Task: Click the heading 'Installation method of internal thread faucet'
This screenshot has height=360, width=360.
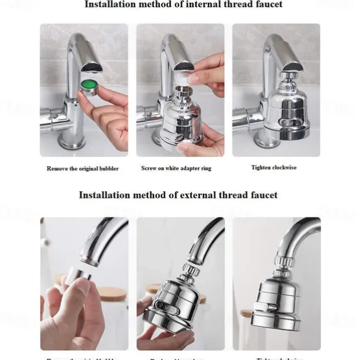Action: click(184, 5)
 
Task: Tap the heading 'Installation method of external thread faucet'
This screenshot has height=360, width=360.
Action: click(178, 195)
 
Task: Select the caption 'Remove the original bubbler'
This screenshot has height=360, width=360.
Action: click(83, 168)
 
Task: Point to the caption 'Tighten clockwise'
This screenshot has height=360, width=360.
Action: click(274, 168)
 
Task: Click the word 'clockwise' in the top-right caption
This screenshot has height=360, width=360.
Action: click(283, 168)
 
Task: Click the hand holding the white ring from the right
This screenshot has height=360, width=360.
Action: click(207, 74)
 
